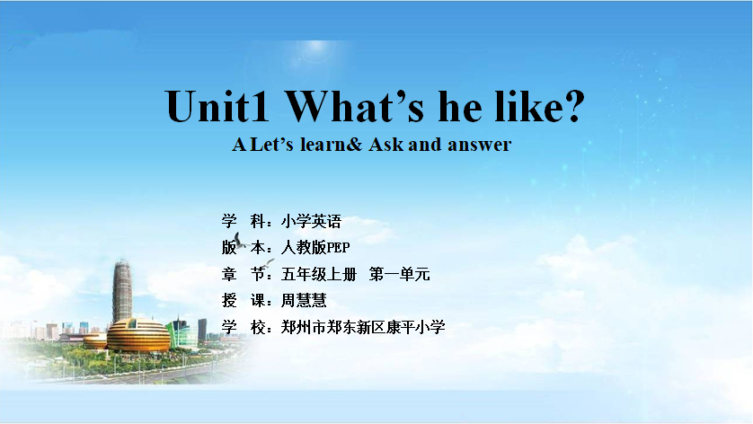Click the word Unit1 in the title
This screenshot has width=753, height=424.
pos(217,106)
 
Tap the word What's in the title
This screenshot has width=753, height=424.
pos(355,106)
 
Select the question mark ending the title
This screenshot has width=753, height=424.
pos(572,106)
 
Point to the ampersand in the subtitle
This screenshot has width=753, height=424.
pos(353,144)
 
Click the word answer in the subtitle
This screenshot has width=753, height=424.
pos(479,145)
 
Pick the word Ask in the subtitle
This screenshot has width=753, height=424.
pos(386,144)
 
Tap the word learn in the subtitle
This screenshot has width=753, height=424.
pos(323,144)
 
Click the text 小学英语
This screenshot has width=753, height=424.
pos(311,221)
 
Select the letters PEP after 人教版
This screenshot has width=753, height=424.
pos(338,248)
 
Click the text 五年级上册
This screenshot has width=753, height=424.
pos(319,274)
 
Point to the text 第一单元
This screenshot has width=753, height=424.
pos(400,274)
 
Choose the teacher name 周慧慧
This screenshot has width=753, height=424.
pos(304,301)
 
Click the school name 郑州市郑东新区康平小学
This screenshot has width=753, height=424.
pos(363,327)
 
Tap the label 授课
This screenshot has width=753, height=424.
pos(244,301)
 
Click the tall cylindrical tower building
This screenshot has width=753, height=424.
pos(122,291)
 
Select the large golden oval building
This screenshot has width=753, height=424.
pos(138,335)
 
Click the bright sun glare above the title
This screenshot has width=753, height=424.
pos(316,47)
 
